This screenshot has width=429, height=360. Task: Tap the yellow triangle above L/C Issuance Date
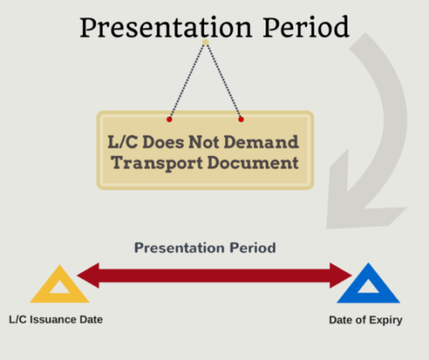tap(59, 286)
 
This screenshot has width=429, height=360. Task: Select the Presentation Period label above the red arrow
tap(205, 248)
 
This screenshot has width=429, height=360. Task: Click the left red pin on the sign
tap(170, 118)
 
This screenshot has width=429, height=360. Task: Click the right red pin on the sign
tap(241, 118)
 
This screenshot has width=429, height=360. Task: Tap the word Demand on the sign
tap(265, 141)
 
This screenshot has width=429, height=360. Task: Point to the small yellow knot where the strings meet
tap(206, 41)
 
